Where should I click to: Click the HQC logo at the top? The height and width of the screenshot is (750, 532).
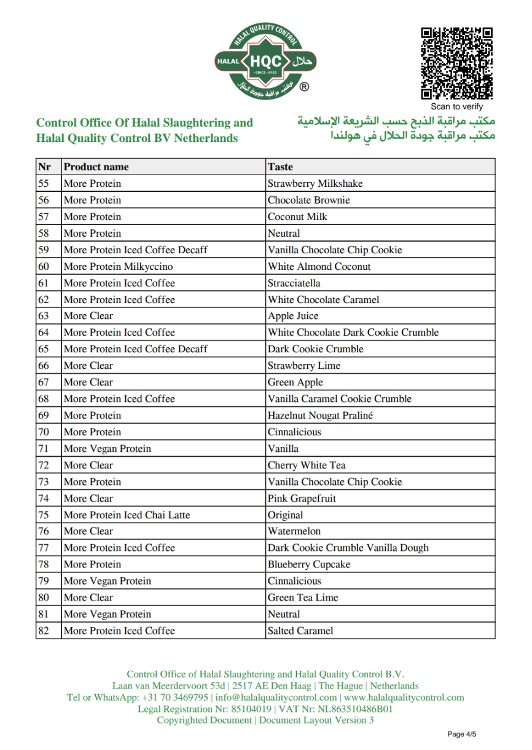(x=265, y=60)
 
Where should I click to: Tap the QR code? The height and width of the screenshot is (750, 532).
(x=456, y=63)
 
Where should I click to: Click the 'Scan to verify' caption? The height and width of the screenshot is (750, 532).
(x=456, y=107)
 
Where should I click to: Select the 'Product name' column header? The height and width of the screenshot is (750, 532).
(x=96, y=167)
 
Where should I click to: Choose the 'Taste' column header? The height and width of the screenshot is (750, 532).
(x=280, y=167)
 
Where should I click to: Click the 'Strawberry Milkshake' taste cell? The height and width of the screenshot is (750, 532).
(x=315, y=184)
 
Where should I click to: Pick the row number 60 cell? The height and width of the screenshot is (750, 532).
(x=44, y=267)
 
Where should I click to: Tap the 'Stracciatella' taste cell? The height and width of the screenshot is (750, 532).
(x=294, y=283)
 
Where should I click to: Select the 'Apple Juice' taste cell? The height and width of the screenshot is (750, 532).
(x=293, y=316)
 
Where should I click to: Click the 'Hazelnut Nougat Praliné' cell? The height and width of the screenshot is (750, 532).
(x=320, y=416)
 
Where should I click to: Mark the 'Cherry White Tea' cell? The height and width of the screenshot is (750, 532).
(x=307, y=465)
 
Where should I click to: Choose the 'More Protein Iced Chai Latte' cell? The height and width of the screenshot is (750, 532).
(x=127, y=515)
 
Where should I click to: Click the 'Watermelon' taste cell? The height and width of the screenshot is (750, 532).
(x=294, y=531)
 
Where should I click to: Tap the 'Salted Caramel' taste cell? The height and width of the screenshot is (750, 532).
(x=300, y=631)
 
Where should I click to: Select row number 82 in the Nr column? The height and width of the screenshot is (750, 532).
(x=44, y=631)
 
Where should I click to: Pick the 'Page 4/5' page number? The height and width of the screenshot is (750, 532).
(x=462, y=734)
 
